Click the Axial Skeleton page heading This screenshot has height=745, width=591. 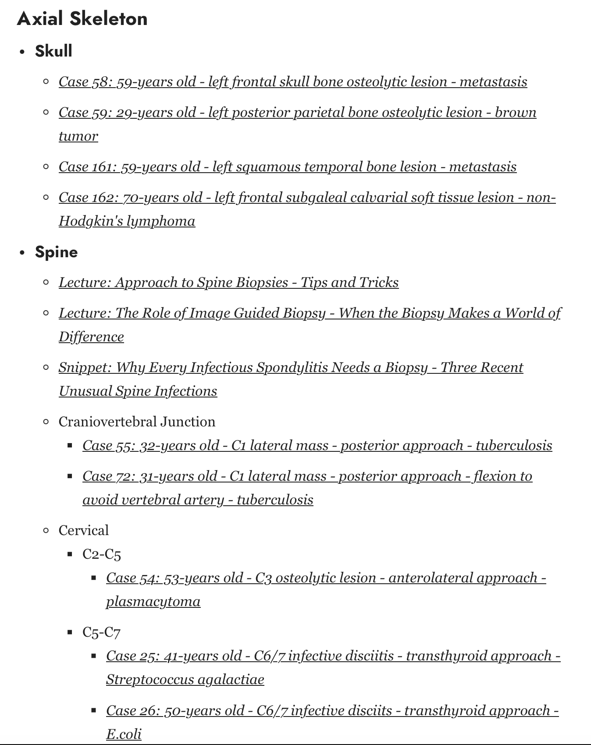[82, 19]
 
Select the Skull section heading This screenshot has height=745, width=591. [53, 51]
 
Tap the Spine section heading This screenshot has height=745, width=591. [56, 252]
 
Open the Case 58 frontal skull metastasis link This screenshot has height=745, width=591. [292, 82]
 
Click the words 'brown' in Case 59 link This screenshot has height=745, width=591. [516, 113]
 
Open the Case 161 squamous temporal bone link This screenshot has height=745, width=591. [287, 167]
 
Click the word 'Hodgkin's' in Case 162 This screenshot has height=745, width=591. [91, 221]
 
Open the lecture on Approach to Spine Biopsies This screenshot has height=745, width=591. [228, 283]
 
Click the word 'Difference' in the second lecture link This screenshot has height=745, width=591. [91, 337]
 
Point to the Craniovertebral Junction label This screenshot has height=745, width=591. [137, 422]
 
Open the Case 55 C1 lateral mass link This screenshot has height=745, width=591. [317, 446]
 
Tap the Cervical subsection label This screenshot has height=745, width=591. [83, 531]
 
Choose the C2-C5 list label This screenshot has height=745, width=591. [101, 554]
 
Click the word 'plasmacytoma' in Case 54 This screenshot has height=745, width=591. [153, 602]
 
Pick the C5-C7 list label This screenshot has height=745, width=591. [101, 632]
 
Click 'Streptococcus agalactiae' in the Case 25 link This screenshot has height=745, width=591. [185, 680]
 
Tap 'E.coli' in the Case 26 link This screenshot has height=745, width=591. [124, 734]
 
